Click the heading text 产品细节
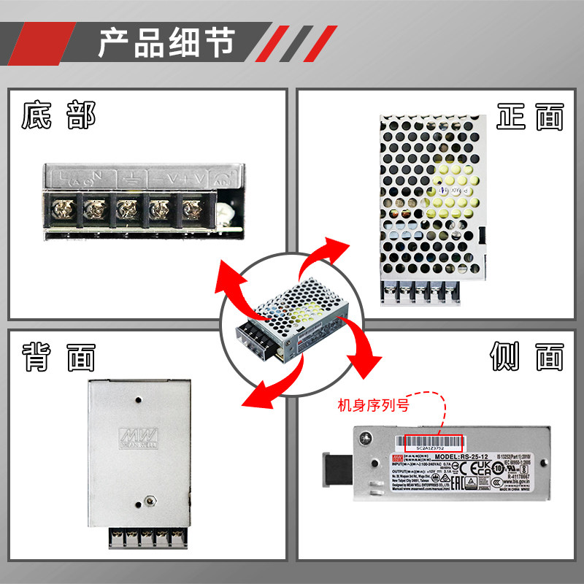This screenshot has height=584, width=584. [x=166, y=42]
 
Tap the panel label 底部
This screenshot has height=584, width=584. [x=58, y=115]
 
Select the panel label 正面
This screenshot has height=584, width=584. [x=530, y=117]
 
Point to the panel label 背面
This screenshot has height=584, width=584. [x=58, y=357]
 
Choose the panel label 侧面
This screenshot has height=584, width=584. [x=527, y=357]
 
